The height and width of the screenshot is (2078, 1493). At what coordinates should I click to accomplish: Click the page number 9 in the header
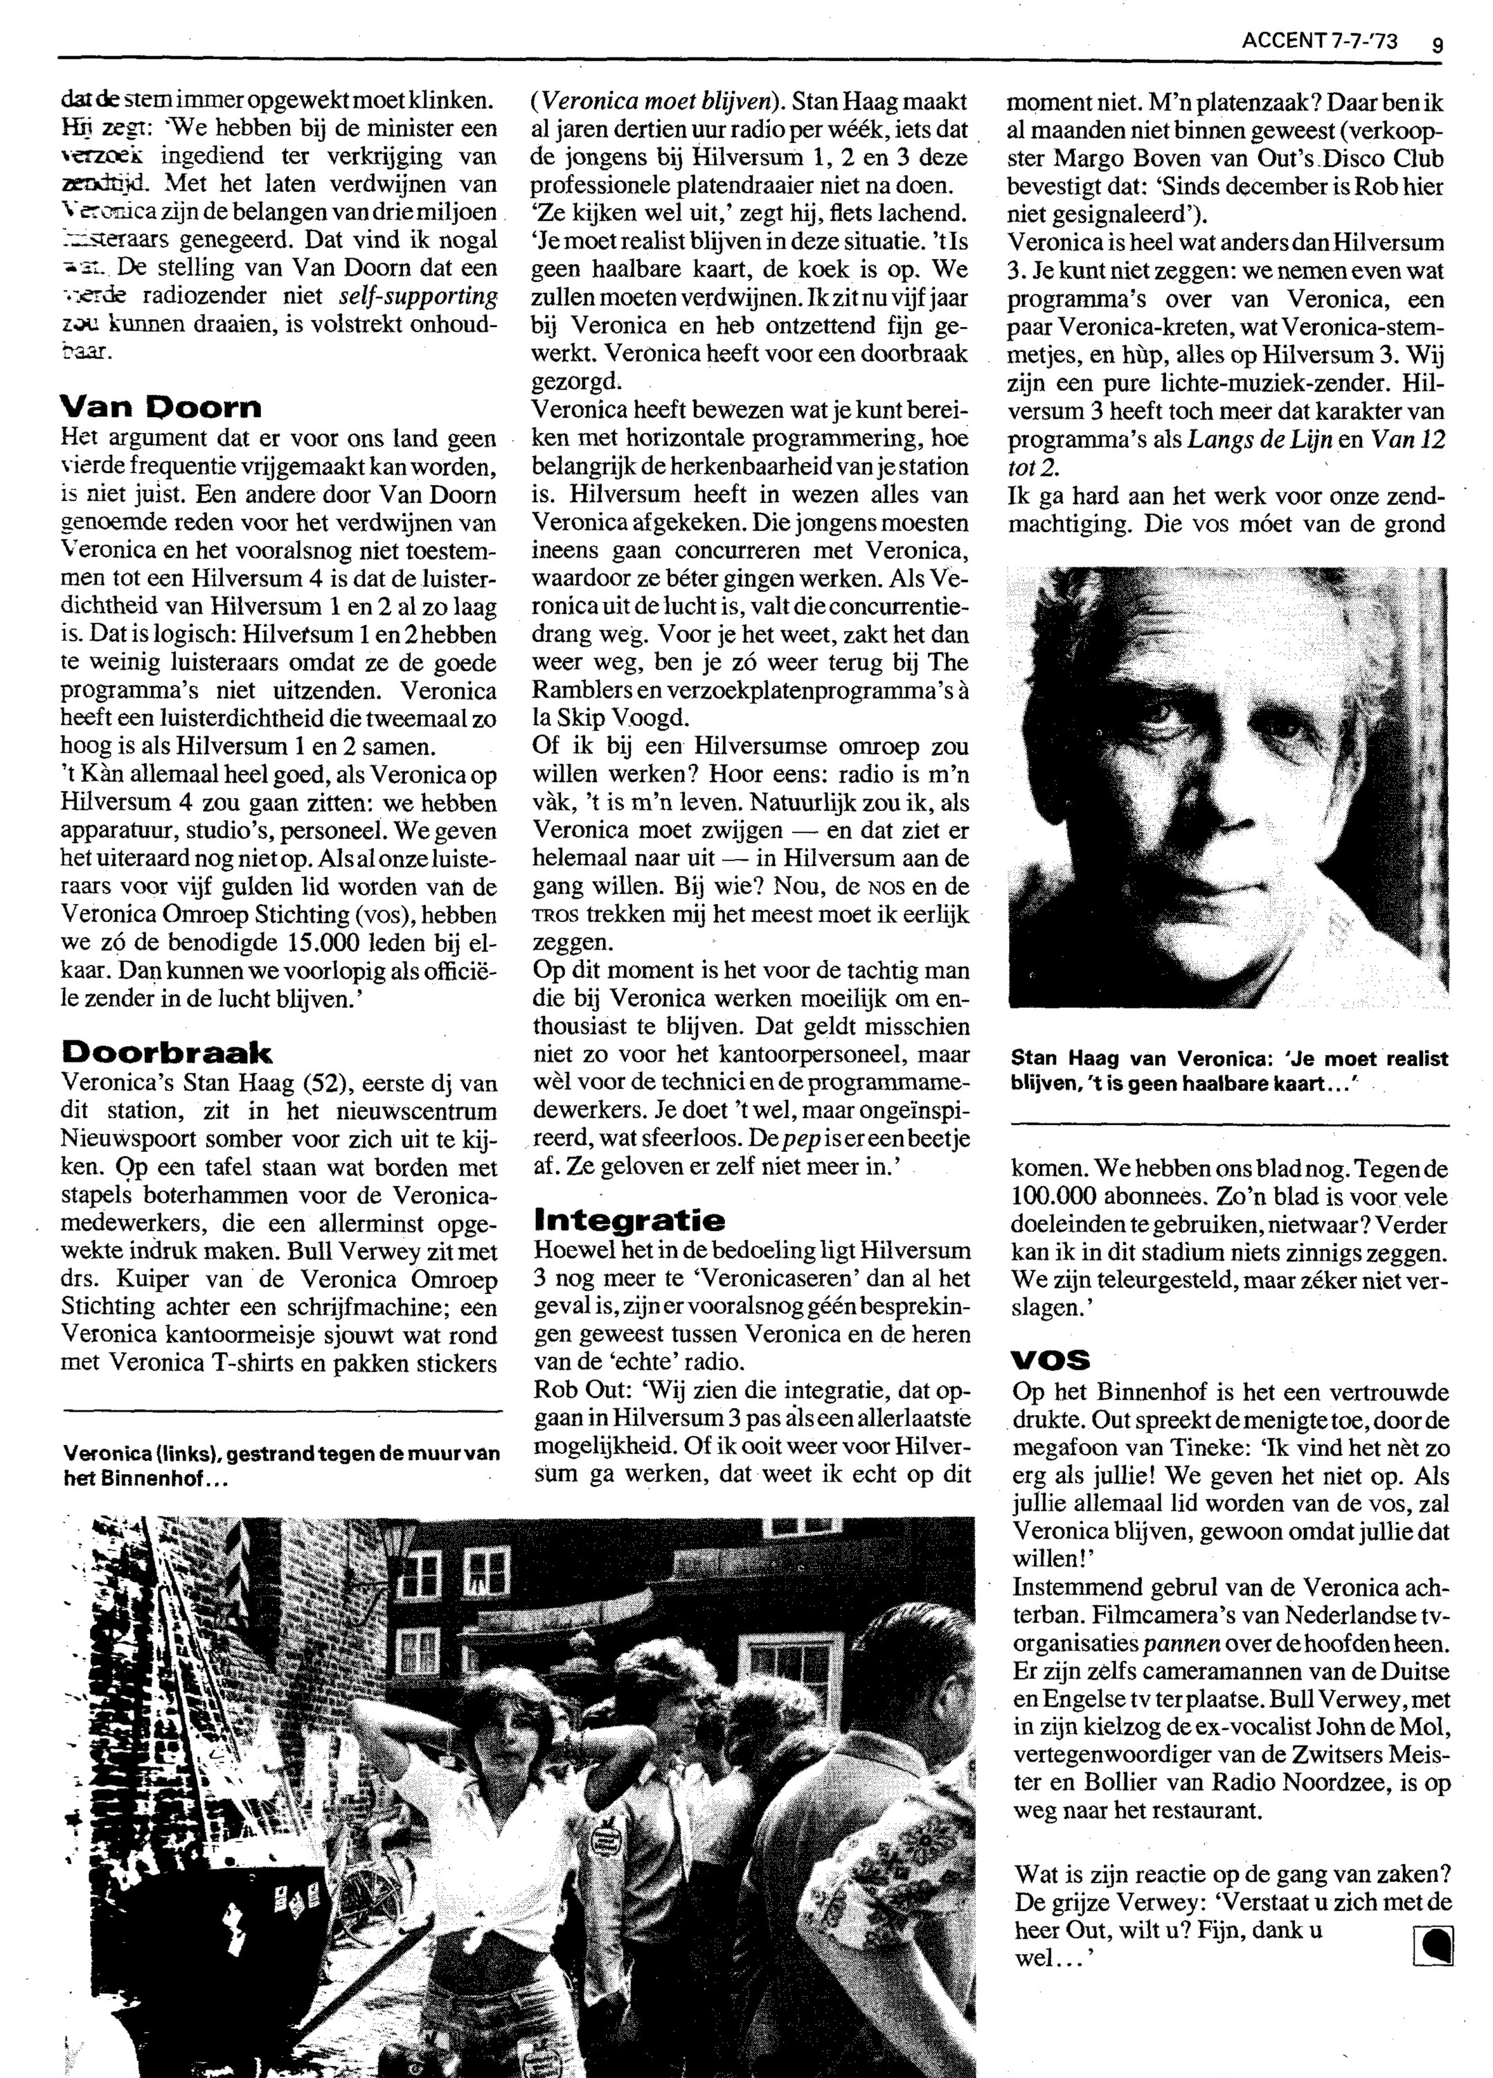1436,42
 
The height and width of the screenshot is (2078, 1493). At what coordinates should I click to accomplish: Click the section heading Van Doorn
160,406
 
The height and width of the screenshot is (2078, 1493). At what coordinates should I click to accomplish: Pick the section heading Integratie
628,1220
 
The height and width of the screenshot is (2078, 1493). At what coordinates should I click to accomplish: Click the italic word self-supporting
418,297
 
